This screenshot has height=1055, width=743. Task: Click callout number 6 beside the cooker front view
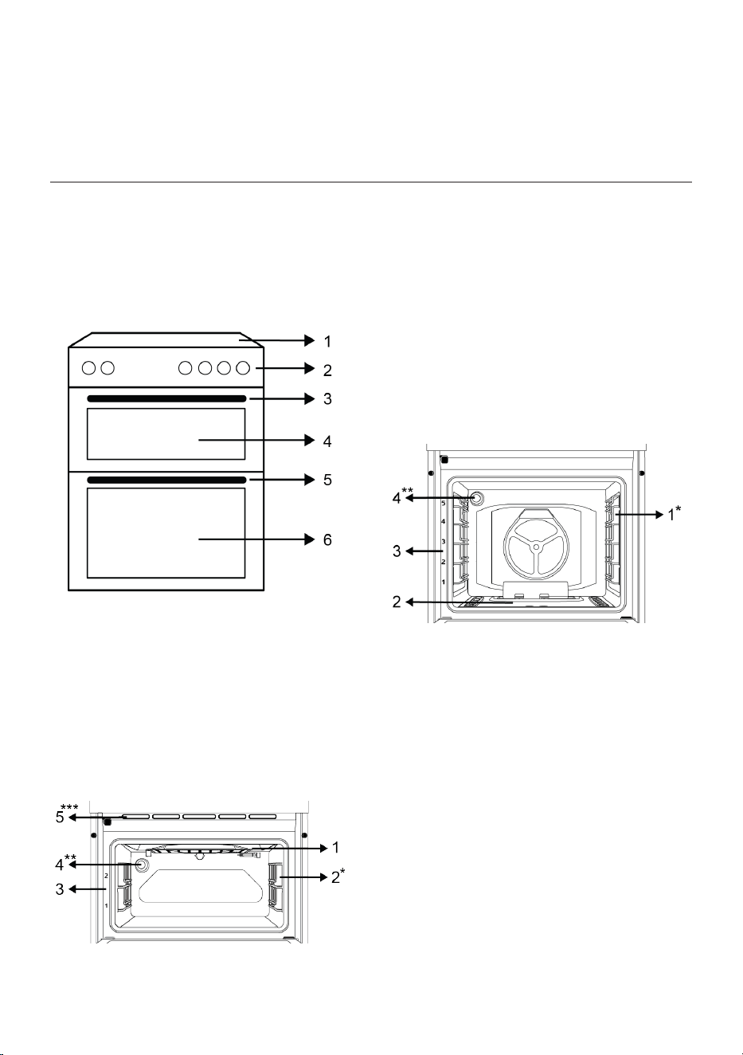(x=327, y=539)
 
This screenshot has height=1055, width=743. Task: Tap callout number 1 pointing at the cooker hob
(x=327, y=341)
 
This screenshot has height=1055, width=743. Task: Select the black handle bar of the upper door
(x=166, y=398)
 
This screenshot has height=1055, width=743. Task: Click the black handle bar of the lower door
(x=166, y=480)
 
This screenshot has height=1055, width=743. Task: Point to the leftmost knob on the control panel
(x=88, y=368)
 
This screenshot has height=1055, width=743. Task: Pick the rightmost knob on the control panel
(x=243, y=368)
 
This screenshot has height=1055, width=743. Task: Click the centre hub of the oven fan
(x=535, y=547)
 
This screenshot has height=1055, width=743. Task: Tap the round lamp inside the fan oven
(x=476, y=498)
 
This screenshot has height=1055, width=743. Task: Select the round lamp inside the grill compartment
(x=140, y=865)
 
